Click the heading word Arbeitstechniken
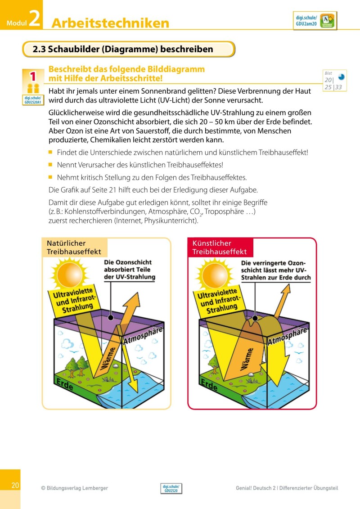[x=110, y=23]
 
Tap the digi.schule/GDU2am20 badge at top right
[x=315, y=21]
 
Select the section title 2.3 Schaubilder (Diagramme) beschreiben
[x=123, y=49]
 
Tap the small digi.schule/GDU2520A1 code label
[x=33, y=99]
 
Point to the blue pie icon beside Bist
[x=341, y=77]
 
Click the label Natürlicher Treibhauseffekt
[x=74, y=248]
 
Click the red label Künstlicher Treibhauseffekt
[x=220, y=248]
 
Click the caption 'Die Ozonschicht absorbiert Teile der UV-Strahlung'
[x=129, y=270]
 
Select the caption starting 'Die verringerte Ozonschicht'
[x=275, y=270]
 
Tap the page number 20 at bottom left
[x=15, y=485]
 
